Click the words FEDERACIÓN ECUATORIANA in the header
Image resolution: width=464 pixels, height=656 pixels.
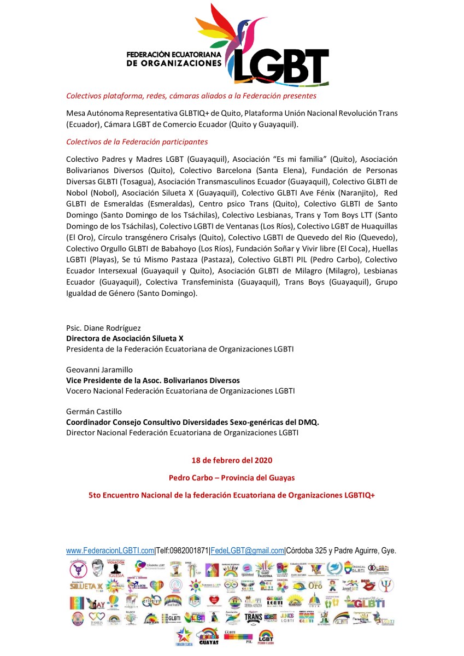pyautogui.click(x=173, y=55)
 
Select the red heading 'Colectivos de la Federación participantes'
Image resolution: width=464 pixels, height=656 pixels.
pyautogui.click(x=137, y=142)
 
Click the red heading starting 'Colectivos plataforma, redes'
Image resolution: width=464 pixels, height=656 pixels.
pyautogui.click(x=191, y=96)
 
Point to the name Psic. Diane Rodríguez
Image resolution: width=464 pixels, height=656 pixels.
pyautogui.click(x=103, y=328)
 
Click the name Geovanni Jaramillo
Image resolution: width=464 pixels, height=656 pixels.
pyautogui.click(x=99, y=370)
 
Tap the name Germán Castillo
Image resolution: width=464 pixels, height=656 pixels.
pyautogui.click(x=94, y=412)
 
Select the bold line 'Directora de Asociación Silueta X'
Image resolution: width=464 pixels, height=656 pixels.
pyautogui.click(x=125, y=338)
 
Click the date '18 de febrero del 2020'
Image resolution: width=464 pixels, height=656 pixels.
pyautogui.click(x=232, y=460)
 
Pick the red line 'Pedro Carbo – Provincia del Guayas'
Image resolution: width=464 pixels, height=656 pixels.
pyautogui.click(x=232, y=477)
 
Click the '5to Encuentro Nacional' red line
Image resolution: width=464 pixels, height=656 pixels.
pyautogui.click(x=232, y=495)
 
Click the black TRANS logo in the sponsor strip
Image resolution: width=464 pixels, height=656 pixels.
pyautogui.click(x=253, y=618)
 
